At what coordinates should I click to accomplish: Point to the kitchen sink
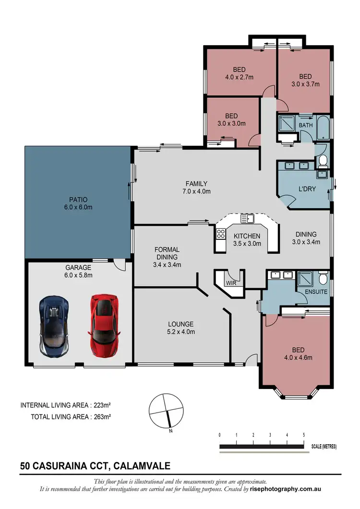point(248,219)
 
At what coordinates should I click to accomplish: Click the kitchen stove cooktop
point(221,235)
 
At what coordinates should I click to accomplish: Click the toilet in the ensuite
point(323,278)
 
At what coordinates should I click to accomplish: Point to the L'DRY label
point(307,189)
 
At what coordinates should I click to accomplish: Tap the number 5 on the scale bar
point(303,435)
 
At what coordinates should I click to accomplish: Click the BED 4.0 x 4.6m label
point(296,354)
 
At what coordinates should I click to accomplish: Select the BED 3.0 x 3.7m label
point(305,80)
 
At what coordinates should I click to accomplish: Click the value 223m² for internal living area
point(100,405)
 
